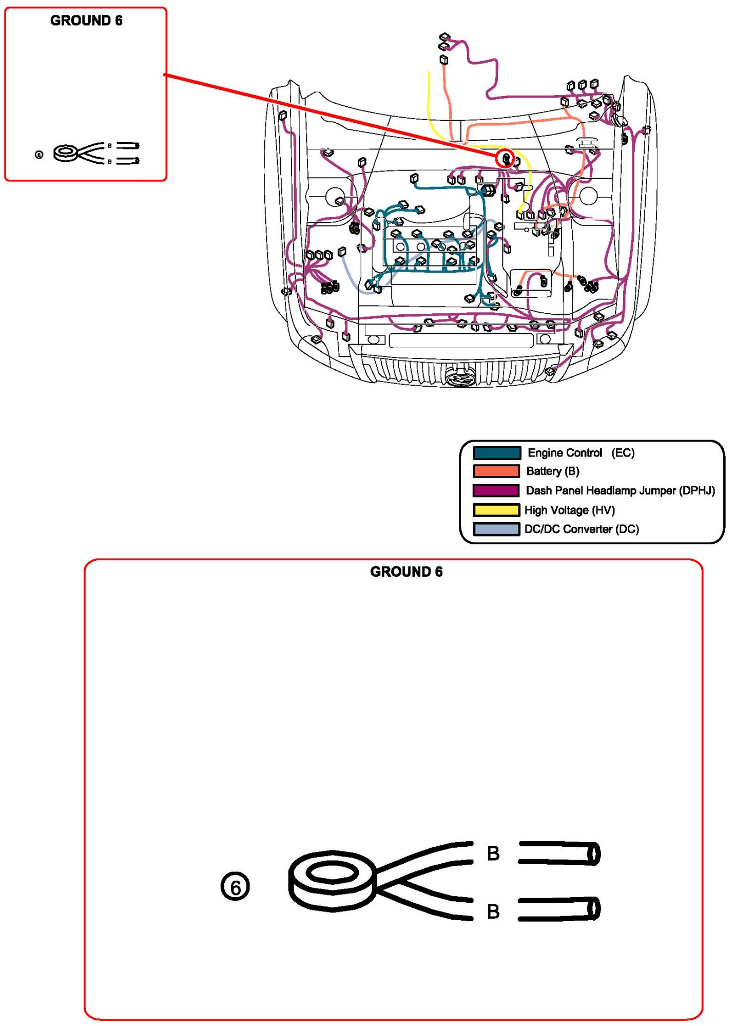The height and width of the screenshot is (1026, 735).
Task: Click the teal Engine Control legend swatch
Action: [496, 453]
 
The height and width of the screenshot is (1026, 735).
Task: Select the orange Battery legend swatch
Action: [496, 471]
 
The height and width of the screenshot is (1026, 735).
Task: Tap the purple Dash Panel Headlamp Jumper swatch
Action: [496, 490]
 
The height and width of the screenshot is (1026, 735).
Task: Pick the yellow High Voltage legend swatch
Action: [496, 510]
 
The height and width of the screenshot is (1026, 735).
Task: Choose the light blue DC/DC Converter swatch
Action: [496, 529]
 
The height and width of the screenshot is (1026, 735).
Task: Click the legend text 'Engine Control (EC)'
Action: [581, 453]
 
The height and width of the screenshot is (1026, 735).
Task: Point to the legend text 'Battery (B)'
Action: [553, 471]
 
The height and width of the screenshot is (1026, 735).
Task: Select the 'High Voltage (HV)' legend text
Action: [569, 510]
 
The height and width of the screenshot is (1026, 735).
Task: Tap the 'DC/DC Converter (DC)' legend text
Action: [582, 529]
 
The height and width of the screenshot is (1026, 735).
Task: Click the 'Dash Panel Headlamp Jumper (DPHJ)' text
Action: [620, 490]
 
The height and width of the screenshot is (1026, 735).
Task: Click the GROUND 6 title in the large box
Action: [406, 572]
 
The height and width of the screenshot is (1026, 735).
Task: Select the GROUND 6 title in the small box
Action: [86, 21]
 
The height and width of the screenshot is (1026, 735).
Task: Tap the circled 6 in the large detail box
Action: [235, 887]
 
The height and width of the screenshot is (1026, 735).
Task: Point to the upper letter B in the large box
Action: [493, 853]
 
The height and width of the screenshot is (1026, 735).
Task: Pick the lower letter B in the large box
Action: [493, 911]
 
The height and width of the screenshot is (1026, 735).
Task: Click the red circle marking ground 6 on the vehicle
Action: [506, 159]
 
